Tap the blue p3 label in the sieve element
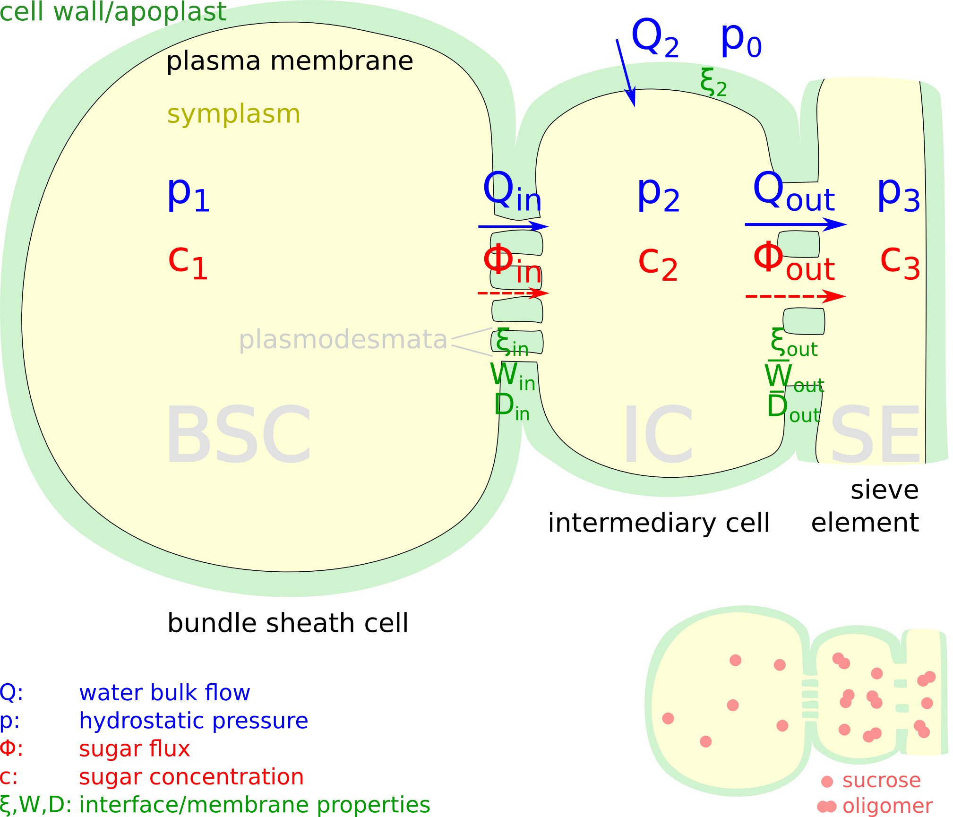898,195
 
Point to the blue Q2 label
655,39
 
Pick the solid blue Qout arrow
795,224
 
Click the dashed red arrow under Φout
795,297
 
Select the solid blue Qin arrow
513,226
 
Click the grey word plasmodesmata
343,339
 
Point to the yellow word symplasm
233,114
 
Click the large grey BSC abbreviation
238,435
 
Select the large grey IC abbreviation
658,435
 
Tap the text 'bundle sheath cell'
288,623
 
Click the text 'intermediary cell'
659,523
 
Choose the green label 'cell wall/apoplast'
113,11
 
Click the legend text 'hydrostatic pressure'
193,721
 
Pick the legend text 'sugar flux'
134,748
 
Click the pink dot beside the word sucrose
827,782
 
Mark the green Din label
512,406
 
